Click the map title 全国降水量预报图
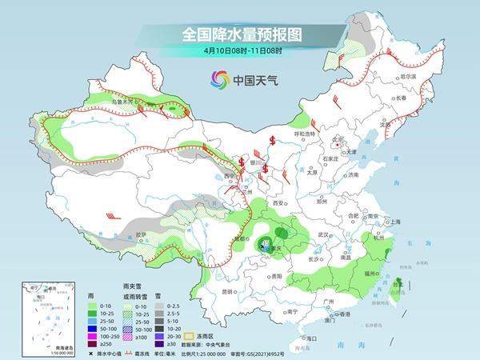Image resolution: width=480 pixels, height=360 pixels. (240, 34)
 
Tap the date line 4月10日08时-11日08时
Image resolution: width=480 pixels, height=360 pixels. (240, 50)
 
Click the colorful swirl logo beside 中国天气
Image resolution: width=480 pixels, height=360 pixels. (219, 79)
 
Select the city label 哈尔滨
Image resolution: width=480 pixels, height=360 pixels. (408, 76)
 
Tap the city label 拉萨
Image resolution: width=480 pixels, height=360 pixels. (141, 234)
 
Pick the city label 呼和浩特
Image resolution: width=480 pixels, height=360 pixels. (306, 133)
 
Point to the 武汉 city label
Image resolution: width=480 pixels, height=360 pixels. (324, 234)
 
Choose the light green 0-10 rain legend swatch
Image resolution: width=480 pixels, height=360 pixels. (94, 304)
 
